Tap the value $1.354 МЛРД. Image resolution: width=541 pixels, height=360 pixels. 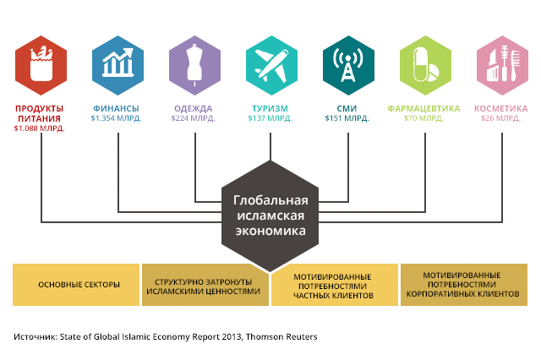tap(117, 118)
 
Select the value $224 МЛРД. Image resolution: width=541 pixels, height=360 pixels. tap(193, 118)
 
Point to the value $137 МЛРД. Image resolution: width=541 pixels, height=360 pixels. tap(270, 118)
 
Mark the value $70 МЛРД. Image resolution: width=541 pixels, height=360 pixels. tap(424, 118)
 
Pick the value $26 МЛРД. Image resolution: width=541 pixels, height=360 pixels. tap(500, 118)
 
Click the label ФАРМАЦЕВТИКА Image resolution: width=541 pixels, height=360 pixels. tap(424, 109)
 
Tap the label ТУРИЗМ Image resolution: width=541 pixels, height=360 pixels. tap(270, 109)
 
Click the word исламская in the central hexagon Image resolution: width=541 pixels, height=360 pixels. tap(270, 215)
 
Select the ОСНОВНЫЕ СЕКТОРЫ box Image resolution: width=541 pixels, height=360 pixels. tap(79, 284)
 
